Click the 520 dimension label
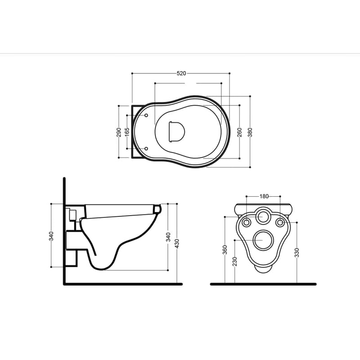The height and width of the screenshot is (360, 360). pos(181,73)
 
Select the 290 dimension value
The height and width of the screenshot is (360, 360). pos(119,132)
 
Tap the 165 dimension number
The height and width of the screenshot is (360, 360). pos(127,132)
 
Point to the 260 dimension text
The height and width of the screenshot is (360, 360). pos(239,132)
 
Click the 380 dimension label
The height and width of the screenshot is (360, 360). pos(250,132)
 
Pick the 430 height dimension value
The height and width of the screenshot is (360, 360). pos(177,243)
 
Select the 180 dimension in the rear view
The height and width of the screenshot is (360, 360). pos(264,196)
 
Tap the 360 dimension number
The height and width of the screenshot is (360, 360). pos(225,250)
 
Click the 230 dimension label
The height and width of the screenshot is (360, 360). pos(234,261)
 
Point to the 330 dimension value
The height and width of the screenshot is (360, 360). pos(297,252)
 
